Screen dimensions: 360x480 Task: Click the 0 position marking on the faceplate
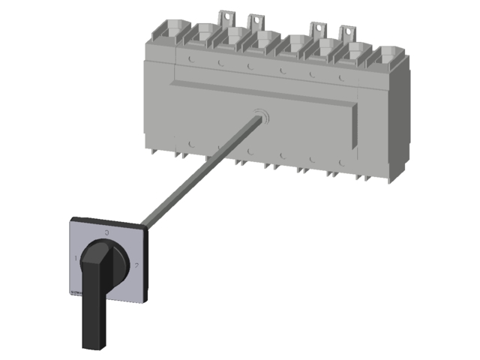[x=107, y=233]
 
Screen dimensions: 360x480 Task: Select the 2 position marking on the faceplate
[x=135, y=266]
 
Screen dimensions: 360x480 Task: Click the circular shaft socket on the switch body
[x=260, y=116]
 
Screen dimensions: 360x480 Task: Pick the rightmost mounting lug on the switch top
[x=346, y=33]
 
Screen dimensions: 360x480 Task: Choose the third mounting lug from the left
[x=317, y=30]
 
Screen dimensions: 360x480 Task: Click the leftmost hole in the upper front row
[x=193, y=58]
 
